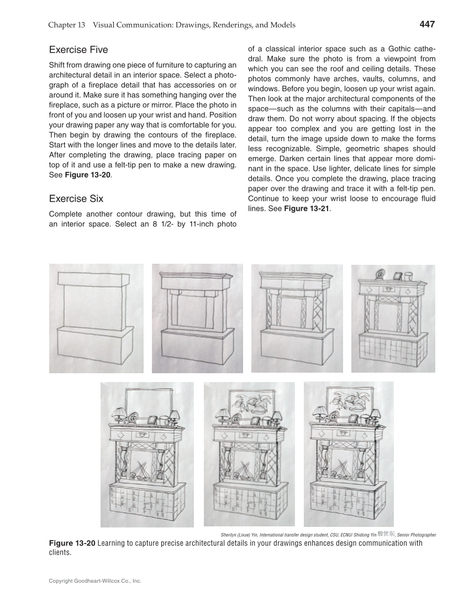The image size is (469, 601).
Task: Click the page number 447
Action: coord(427,24)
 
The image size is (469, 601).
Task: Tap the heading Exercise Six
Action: coord(76,198)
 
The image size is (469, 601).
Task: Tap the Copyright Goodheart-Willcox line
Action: coord(95,581)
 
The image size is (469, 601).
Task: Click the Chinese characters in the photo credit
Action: coord(386,534)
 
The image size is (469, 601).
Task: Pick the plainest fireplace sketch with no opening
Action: coord(96,318)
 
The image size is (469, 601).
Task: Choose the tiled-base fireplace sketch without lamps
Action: coord(393,318)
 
